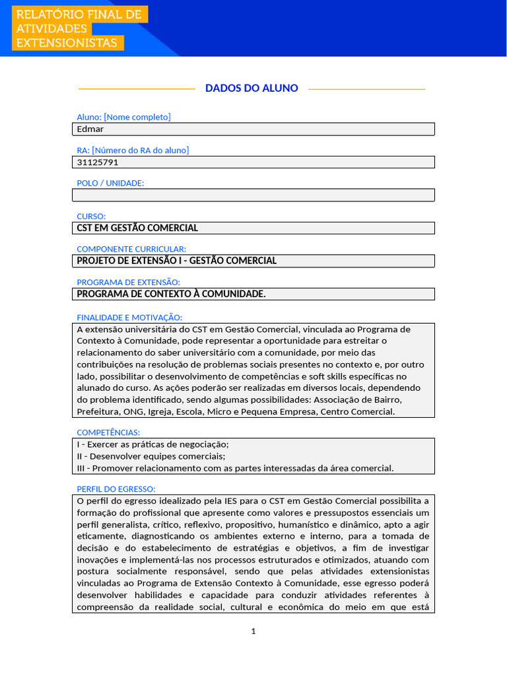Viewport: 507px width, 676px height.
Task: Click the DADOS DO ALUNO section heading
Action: (x=252, y=88)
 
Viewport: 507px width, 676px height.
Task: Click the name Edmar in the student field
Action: (x=90, y=129)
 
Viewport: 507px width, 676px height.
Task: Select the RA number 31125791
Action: (x=98, y=162)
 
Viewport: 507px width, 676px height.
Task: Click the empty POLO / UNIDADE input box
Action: (x=253, y=195)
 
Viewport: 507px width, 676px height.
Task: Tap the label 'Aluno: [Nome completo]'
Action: (x=123, y=117)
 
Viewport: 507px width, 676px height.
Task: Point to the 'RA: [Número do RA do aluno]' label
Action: (x=133, y=150)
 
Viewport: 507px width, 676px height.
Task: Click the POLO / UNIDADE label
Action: (x=110, y=183)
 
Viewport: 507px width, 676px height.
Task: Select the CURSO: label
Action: (x=91, y=216)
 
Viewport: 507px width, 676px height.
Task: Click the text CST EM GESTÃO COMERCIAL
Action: (x=137, y=228)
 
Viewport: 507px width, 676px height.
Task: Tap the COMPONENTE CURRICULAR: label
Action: (x=131, y=249)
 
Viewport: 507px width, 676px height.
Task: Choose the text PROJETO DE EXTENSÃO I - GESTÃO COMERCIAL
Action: (x=177, y=261)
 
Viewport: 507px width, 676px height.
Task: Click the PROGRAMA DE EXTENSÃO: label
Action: (x=128, y=282)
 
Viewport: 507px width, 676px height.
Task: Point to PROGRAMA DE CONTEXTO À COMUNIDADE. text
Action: (x=172, y=294)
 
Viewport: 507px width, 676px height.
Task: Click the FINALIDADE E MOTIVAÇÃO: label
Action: (x=129, y=318)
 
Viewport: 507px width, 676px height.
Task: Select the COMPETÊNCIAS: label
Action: (x=108, y=432)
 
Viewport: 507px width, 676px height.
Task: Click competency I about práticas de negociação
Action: (x=153, y=444)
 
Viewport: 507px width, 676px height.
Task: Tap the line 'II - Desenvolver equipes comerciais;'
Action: (x=151, y=456)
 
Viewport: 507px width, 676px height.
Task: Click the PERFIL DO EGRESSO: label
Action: (x=116, y=489)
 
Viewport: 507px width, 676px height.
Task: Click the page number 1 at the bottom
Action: (x=253, y=631)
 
